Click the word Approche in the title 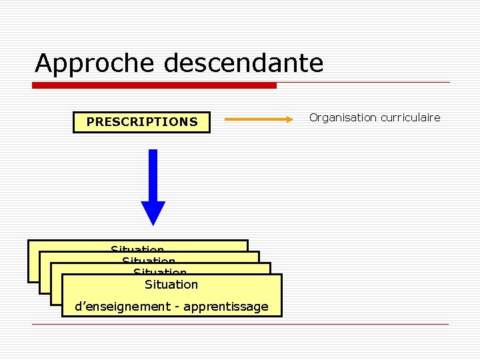point(95,64)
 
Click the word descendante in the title point(243,63)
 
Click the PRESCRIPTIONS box point(141,122)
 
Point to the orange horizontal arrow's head point(288,119)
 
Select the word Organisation point(342,117)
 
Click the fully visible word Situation point(171,285)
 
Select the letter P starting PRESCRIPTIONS point(91,122)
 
